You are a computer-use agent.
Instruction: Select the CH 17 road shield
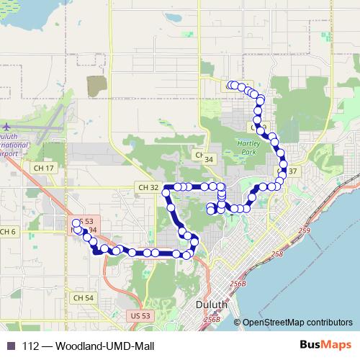coord(44,168)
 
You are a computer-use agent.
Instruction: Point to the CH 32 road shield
coord(145,188)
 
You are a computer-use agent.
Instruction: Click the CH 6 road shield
coord(7,231)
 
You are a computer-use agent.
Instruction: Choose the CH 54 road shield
coord(84,297)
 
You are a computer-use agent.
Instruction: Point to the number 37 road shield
coord(292,171)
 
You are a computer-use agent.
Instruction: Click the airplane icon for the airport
coord(6,127)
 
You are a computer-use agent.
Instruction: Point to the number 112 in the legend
coord(30,346)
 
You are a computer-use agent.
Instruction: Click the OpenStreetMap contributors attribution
coord(297,323)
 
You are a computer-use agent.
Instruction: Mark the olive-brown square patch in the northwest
coord(96,86)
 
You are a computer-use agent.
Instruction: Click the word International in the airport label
coord(16,145)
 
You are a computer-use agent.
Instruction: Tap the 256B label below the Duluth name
coord(212,318)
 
